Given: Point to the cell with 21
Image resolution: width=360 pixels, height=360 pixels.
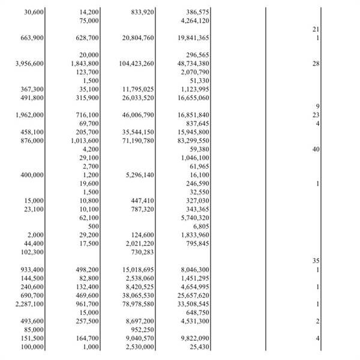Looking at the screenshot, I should [316, 29].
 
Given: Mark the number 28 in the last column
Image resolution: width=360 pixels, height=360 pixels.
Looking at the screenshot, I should [316, 64].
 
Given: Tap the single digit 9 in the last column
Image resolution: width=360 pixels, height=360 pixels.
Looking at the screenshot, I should [317, 107].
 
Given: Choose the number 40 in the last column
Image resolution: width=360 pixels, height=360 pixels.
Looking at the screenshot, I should [316, 149].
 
